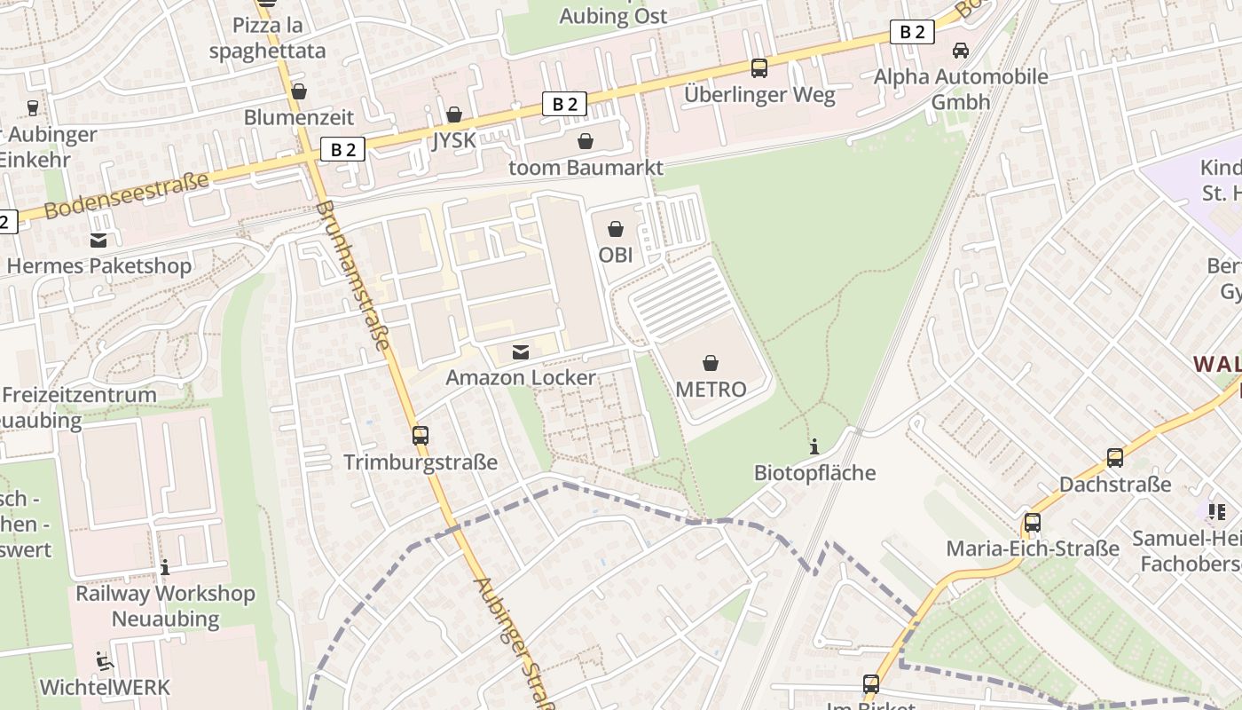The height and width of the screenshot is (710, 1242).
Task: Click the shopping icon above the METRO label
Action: click(710, 362)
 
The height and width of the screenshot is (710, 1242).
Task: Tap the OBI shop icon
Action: click(615, 229)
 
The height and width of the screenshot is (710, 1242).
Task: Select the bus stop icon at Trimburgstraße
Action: click(421, 436)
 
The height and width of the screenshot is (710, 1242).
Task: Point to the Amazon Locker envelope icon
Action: click(521, 352)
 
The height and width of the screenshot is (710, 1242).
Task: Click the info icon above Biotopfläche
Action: click(814, 446)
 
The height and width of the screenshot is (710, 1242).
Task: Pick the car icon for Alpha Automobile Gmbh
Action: click(960, 51)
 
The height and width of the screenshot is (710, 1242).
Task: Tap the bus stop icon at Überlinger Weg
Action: click(759, 67)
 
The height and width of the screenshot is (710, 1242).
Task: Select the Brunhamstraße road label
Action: click(352, 274)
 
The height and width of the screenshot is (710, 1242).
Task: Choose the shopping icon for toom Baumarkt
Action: click(586, 141)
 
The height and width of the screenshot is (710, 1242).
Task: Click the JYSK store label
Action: click(454, 139)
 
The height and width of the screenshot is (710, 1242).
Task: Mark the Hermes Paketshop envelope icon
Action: click(98, 240)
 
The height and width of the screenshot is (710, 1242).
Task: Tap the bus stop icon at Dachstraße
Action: click(1115, 458)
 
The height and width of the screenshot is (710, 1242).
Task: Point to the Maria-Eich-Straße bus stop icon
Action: click(1032, 522)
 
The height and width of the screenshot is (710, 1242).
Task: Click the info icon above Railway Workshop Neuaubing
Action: click(164, 567)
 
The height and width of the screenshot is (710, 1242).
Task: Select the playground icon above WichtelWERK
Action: click(104, 660)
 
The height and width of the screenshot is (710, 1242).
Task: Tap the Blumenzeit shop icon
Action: click(299, 91)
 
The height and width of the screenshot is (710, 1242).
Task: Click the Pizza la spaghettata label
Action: click(267, 37)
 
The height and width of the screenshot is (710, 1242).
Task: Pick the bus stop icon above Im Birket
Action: click(871, 683)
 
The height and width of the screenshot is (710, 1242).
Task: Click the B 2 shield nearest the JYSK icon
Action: click(564, 104)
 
